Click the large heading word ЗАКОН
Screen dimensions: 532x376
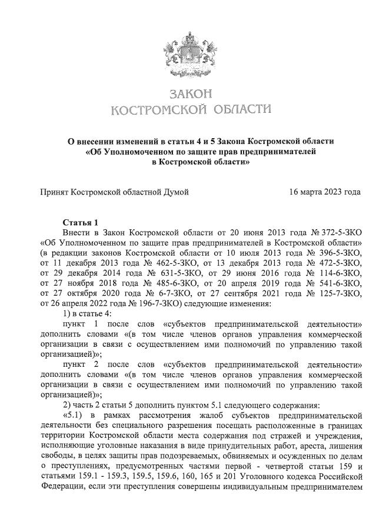tap(188, 94)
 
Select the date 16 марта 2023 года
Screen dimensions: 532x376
tap(325, 192)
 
